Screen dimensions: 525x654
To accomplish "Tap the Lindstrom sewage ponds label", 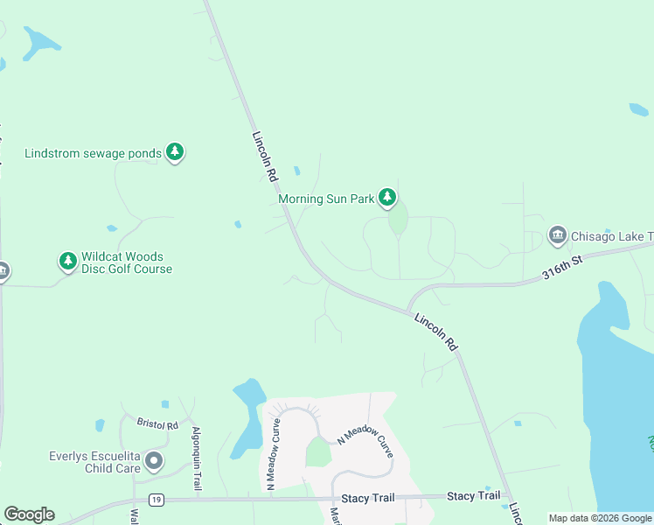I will point(93,153).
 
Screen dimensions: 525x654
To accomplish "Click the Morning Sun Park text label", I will point(326,199).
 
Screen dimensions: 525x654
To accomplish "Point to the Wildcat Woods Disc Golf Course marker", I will point(68,261).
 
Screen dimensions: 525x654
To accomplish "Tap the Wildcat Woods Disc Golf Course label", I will point(127,262).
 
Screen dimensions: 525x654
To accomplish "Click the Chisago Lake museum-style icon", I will point(558,235).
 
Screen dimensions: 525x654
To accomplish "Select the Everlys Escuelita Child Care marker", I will point(154,460).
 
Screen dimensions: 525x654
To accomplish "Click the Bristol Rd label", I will point(157,423).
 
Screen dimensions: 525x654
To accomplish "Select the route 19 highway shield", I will point(156,500).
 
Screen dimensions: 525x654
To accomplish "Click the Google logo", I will point(29,514).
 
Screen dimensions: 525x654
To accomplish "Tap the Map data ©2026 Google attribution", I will point(600,518).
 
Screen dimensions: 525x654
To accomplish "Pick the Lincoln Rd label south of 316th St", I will point(435,332).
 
